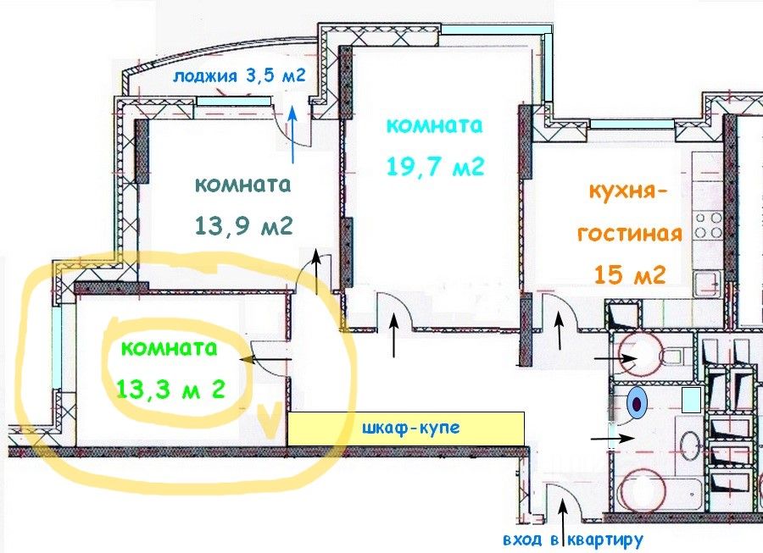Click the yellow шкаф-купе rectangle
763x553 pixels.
(x=405, y=429)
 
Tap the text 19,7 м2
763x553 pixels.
(x=435, y=166)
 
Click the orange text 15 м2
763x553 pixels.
(x=628, y=274)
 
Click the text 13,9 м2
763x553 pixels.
(x=243, y=226)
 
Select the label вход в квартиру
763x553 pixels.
(x=572, y=539)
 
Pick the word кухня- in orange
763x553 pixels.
(x=628, y=191)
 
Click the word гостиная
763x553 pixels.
(x=629, y=233)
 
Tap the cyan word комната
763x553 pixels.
(x=434, y=125)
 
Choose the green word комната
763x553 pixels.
(x=169, y=347)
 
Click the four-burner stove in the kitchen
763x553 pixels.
(x=708, y=224)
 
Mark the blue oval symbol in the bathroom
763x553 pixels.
(x=636, y=404)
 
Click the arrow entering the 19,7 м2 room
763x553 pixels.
(x=394, y=335)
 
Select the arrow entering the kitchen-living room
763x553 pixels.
(x=559, y=330)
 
